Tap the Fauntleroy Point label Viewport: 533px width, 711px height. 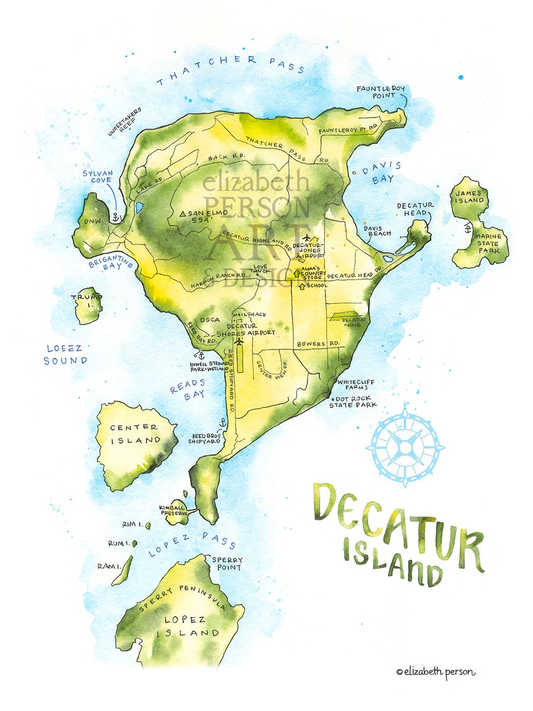click(x=381, y=92)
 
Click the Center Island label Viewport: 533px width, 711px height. click(x=134, y=434)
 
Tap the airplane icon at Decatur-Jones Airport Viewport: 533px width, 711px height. click(x=307, y=238)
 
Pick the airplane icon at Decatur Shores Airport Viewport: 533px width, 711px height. click(x=240, y=341)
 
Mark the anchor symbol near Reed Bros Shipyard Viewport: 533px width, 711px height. click(x=222, y=423)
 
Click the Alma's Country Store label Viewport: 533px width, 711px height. click(x=313, y=273)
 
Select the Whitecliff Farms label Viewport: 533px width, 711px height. click(x=356, y=384)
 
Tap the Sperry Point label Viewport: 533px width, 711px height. click(x=228, y=563)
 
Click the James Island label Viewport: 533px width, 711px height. click(x=469, y=197)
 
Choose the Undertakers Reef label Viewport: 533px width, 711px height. click(x=125, y=121)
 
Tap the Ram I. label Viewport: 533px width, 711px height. click(x=109, y=566)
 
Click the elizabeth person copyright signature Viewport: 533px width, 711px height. click(x=436, y=672)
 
